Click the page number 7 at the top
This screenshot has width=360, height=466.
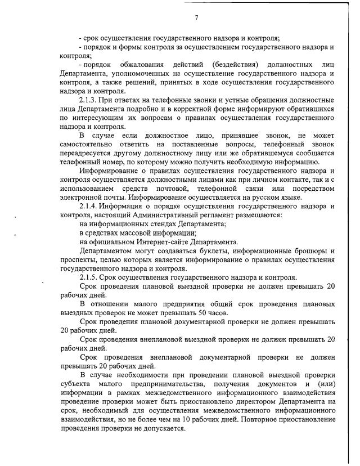click(x=196, y=17)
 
